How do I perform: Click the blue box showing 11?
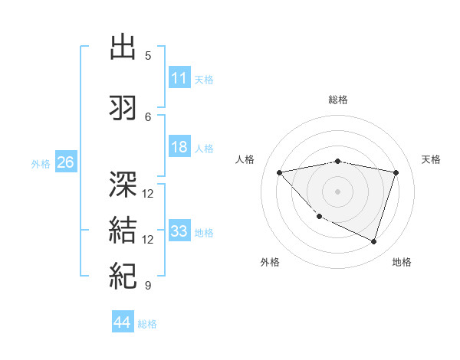pyautogui.click(x=179, y=77)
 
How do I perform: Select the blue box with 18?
pyautogui.click(x=179, y=147)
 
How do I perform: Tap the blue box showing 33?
pyautogui.click(x=179, y=231)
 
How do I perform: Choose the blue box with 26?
pyautogui.click(x=65, y=162)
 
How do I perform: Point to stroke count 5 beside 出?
pyautogui.click(x=148, y=55)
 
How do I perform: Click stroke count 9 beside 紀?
pyautogui.click(x=148, y=286)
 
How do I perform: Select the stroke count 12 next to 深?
pyautogui.click(x=148, y=193)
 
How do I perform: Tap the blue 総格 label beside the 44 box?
pyautogui.click(x=147, y=324)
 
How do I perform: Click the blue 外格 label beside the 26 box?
pyautogui.click(x=41, y=163)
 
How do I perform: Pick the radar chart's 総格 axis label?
pyautogui.click(x=338, y=100)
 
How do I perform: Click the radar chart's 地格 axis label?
pyautogui.click(x=402, y=262)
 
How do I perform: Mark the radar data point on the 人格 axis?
pyautogui.click(x=279, y=172)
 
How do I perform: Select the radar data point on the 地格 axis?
pyautogui.click(x=373, y=242)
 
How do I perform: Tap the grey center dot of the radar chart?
pyautogui.click(x=338, y=191)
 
